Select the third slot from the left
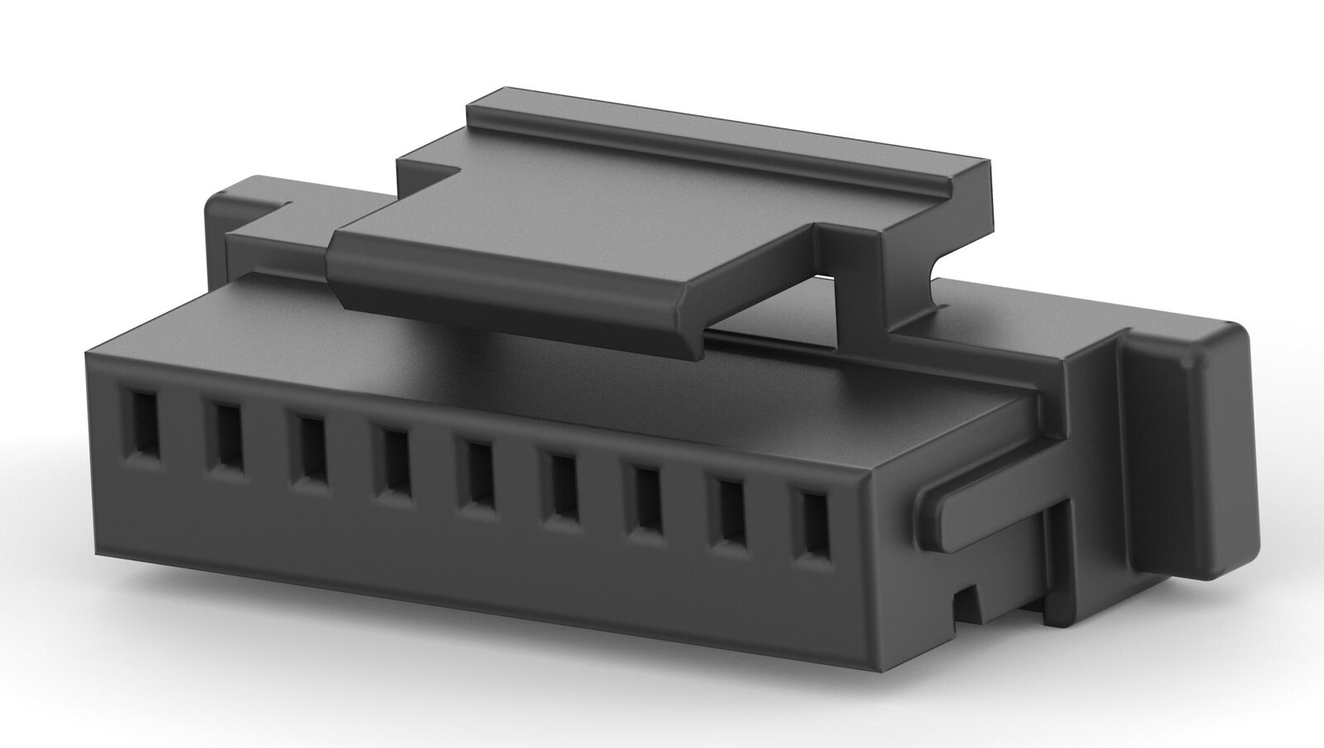310,449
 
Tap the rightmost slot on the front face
813,526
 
